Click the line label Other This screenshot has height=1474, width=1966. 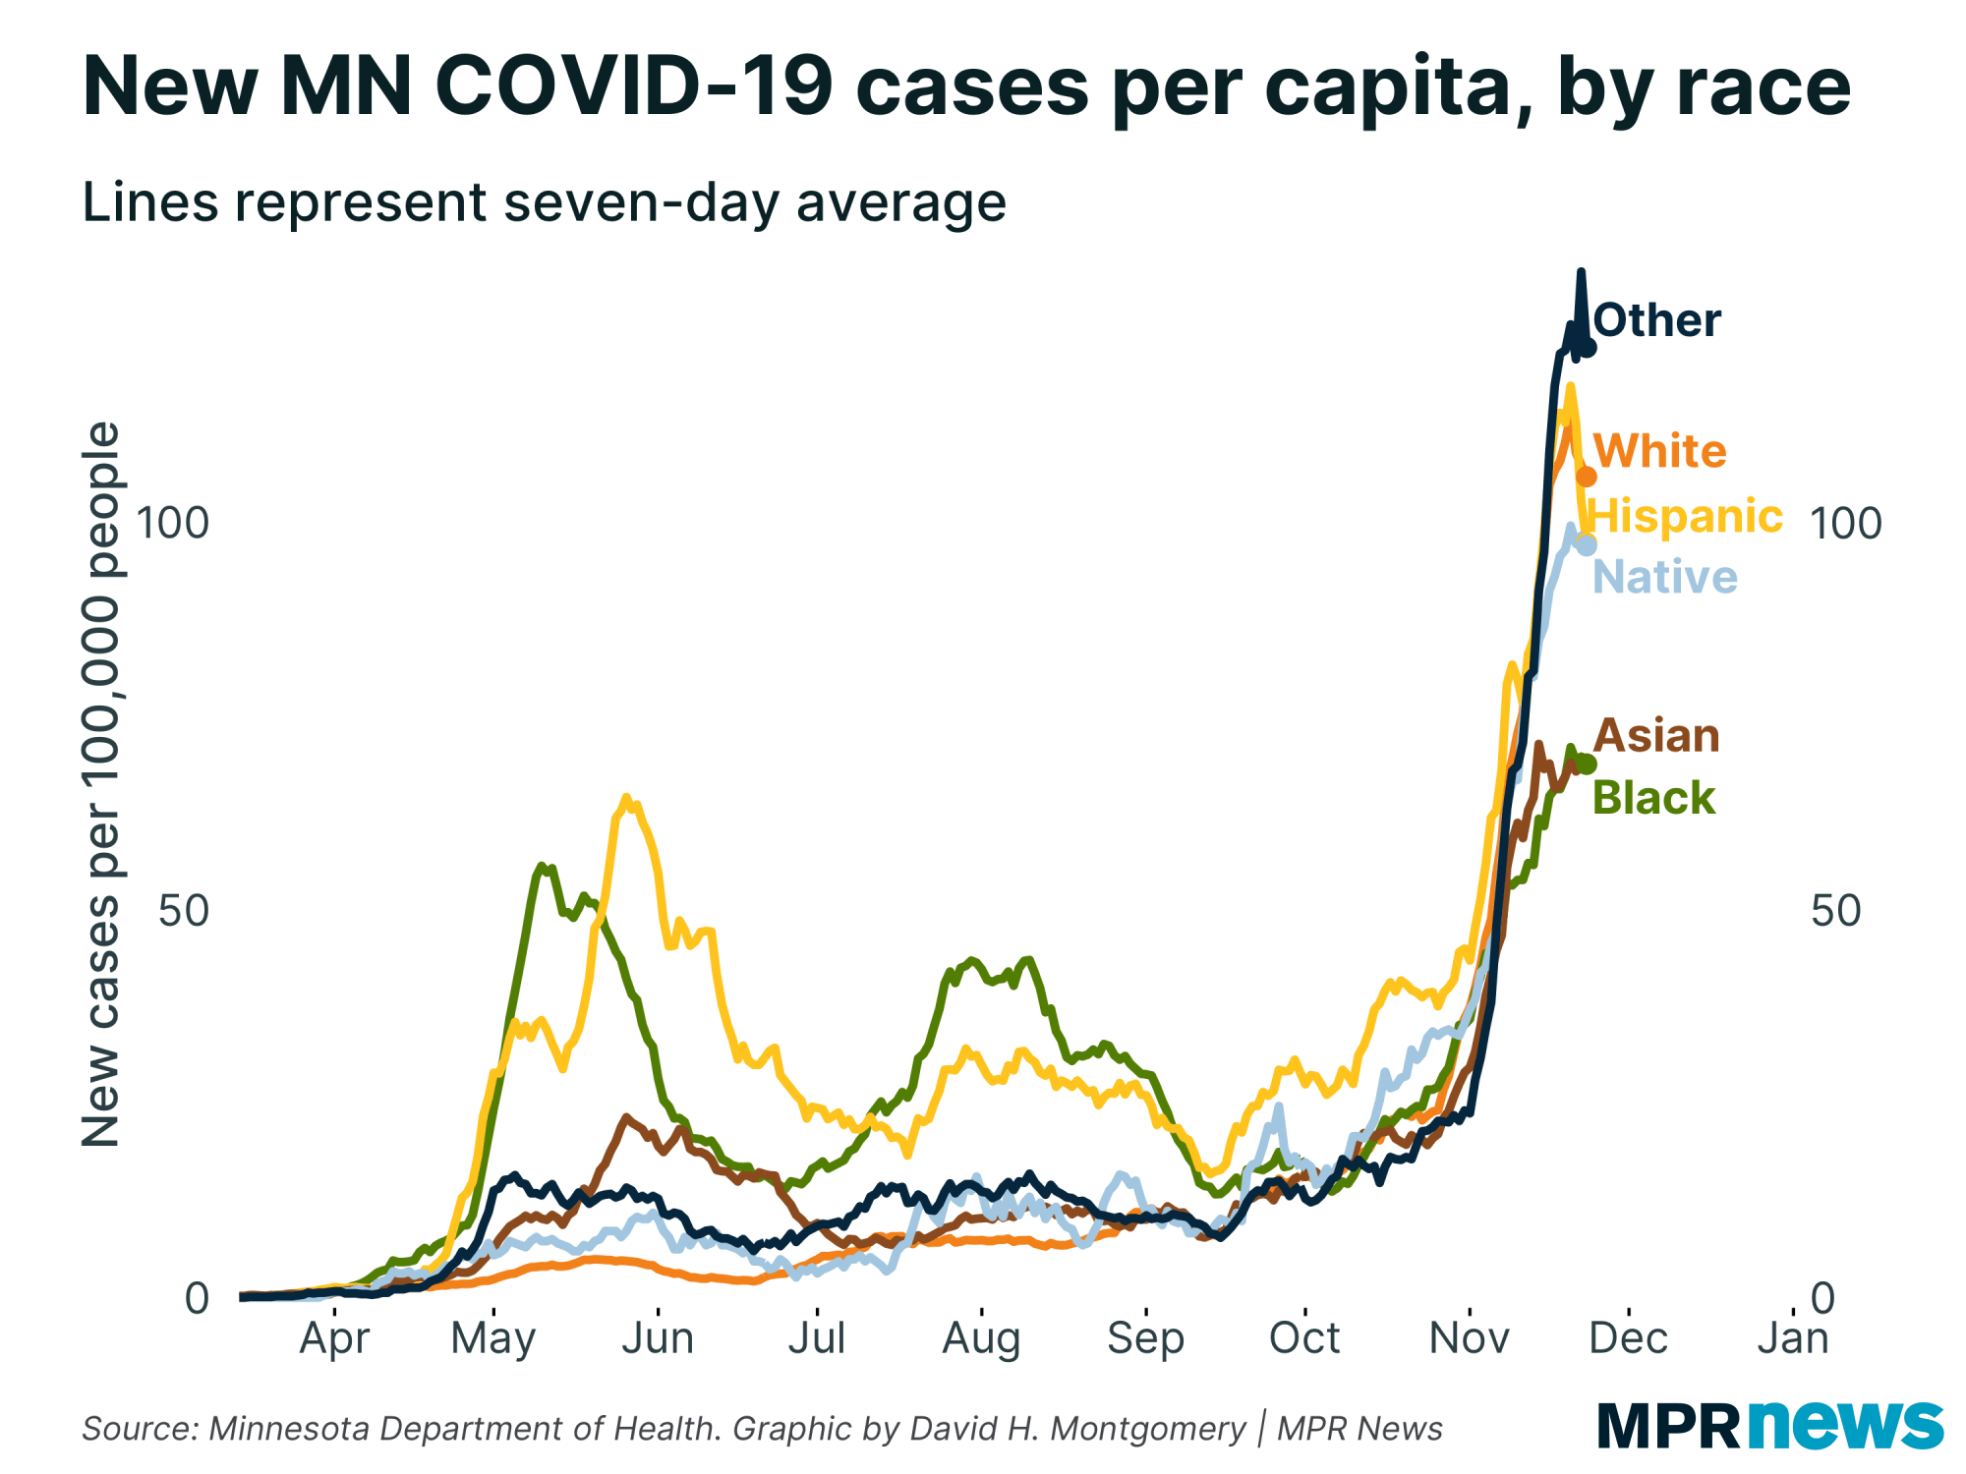pyautogui.click(x=1656, y=320)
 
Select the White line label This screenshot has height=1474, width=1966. pyautogui.click(x=1659, y=451)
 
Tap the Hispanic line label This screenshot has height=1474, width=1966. pyautogui.click(x=1685, y=516)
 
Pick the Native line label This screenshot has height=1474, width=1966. pyautogui.click(x=1664, y=577)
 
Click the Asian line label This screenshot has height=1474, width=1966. pyautogui.click(x=1656, y=736)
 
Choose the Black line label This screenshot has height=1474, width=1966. pyautogui.click(x=1653, y=798)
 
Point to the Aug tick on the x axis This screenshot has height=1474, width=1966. pyautogui.click(x=981, y=1337)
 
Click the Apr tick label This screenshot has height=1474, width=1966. pyautogui.click(x=334, y=1337)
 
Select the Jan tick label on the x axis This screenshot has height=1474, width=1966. pyautogui.click(x=1793, y=1337)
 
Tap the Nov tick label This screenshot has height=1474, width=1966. pyautogui.click(x=1469, y=1337)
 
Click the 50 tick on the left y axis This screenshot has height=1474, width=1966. pyautogui.click(x=184, y=911)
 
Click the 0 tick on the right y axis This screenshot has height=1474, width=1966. pyautogui.click(x=1822, y=1298)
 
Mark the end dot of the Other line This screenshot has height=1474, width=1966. pyautogui.click(x=1587, y=348)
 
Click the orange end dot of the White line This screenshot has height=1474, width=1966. pyautogui.click(x=1587, y=477)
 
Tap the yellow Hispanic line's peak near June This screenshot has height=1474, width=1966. pyautogui.click(x=626, y=799)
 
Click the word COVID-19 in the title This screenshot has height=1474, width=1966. pyautogui.click(x=634, y=86)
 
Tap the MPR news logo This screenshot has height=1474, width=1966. pyautogui.click(x=1769, y=1424)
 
